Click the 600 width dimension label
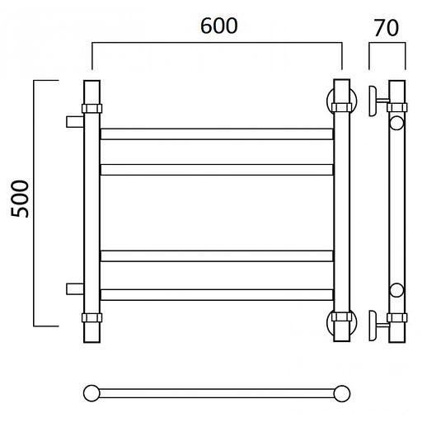coord(219,26)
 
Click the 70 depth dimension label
coord(387,28)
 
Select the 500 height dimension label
coord(20,199)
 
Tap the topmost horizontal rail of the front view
coord(217,134)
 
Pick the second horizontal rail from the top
coord(217,170)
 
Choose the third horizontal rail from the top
coord(217,256)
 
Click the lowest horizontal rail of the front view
coord(217,295)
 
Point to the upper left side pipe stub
coord(75,122)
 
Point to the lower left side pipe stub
coord(75,288)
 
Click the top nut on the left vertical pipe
coord(92,109)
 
